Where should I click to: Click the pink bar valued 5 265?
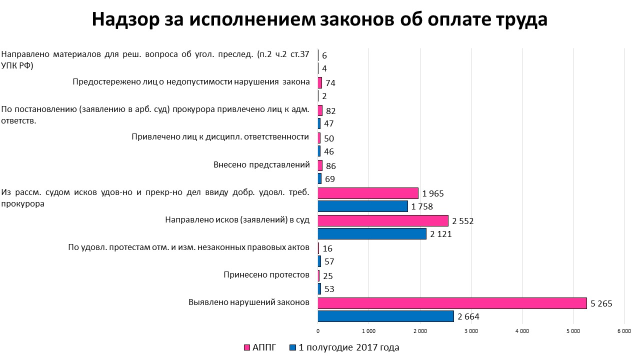pos(452,303)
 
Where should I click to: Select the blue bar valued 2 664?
pos(385,316)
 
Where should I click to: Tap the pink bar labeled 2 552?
pos(383,220)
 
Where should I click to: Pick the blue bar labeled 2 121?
pos(372,233)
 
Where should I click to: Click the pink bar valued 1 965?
pos(368,193)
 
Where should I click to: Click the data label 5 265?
pos(601,303)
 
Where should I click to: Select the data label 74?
pos(330,83)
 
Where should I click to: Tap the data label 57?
pos(328,261)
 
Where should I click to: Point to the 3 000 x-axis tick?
pos(471,330)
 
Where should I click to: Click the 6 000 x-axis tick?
pos(624,330)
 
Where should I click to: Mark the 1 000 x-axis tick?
pos(368,330)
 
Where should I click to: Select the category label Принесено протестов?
pos(266,275)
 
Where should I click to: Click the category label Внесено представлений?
pos(261,165)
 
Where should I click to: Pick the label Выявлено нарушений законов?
pos(248,302)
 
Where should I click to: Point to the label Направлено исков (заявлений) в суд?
pos(237,220)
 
